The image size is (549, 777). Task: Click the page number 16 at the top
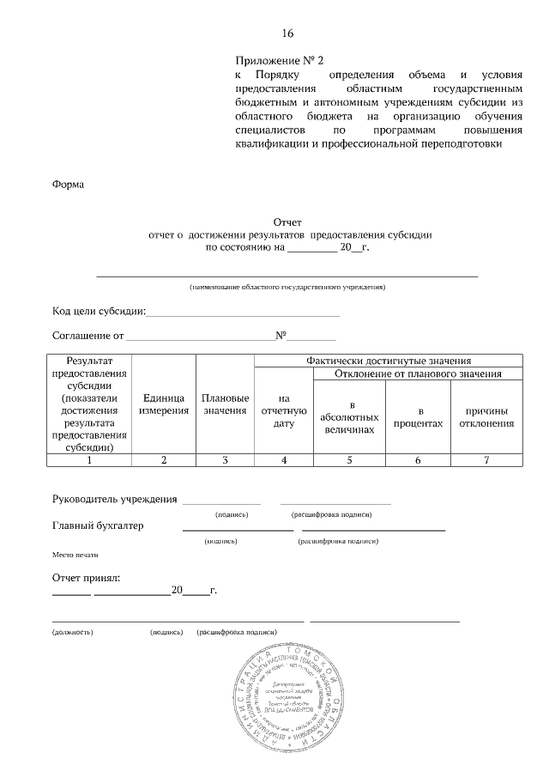click(x=287, y=33)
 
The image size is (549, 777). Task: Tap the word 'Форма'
click(x=69, y=184)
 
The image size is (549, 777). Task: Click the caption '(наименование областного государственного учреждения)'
click(x=287, y=286)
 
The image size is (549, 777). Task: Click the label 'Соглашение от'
click(x=88, y=336)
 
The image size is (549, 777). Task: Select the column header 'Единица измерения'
click(x=164, y=404)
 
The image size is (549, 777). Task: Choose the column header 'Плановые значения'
click(x=225, y=404)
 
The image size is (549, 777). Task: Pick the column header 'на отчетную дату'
click(x=284, y=410)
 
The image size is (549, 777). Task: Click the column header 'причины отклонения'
click(x=486, y=416)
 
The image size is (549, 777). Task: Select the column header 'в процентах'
click(x=418, y=416)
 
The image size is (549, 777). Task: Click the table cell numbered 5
click(x=350, y=460)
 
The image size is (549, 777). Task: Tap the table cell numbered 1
click(x=89, y=460)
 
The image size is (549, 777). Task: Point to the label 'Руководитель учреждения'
click(x=115, y=499)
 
